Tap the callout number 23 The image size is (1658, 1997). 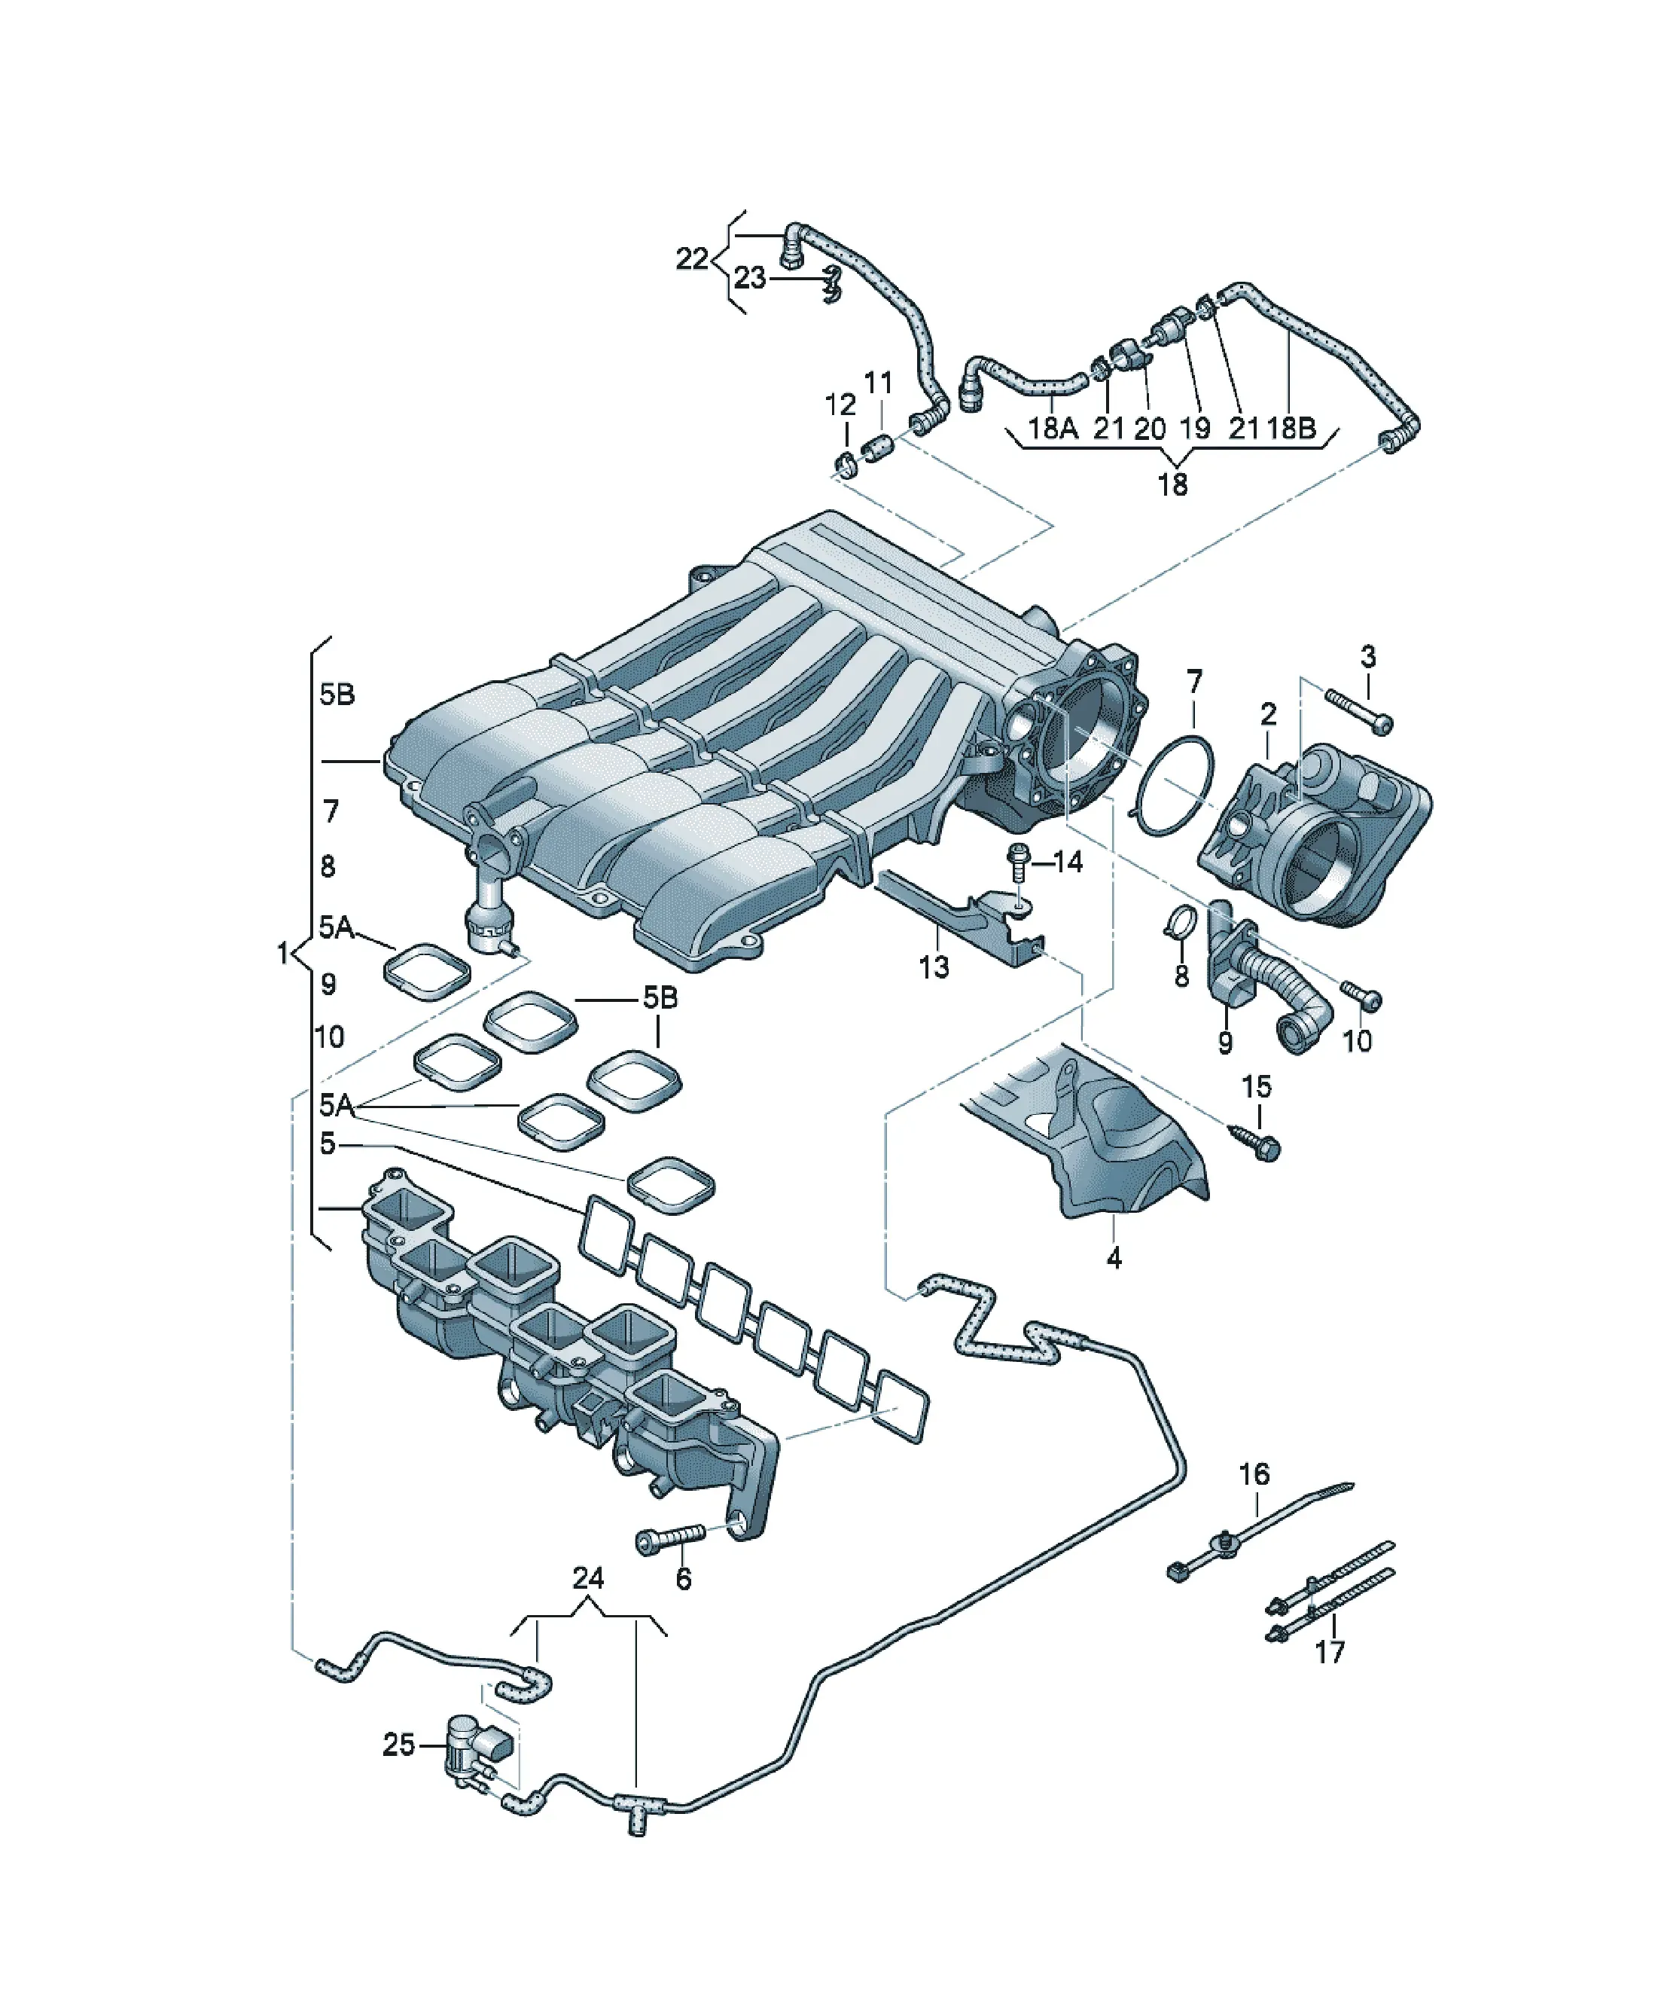point(749,278)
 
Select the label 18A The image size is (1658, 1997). point(1053,428)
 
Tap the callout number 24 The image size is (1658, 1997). point(589,1579)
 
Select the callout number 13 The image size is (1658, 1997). point(934,967)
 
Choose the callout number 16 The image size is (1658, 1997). point(1254,1474)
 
